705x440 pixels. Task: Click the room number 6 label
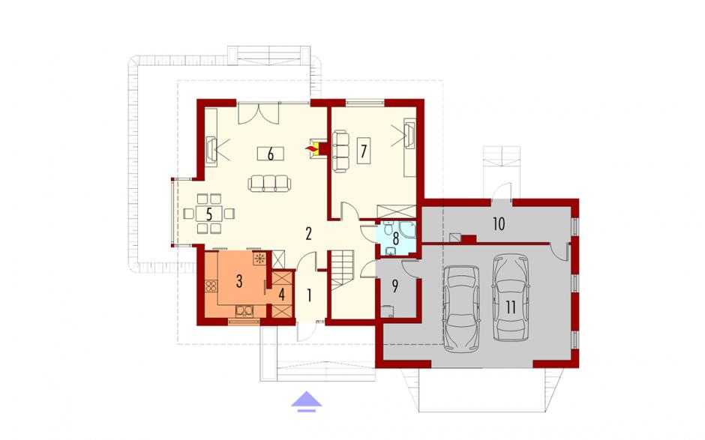pos(270,154)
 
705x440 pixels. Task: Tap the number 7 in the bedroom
pos(363,151)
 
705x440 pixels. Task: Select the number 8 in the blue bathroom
pos(396,237)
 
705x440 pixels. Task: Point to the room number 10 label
pos(499,223)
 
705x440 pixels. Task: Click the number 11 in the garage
pos(511,307)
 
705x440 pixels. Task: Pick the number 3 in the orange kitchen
pos(239,281)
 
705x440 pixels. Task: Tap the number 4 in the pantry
pos(282,295)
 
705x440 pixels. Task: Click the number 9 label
pos(395,286)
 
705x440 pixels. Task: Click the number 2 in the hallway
pos(308,234)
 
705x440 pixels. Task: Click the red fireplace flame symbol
pos(310,148)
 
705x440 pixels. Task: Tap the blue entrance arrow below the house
pos(307,401)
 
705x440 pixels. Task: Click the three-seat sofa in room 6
pos(269,184)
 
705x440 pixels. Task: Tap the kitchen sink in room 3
pos(244,310)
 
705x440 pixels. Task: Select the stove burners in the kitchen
pos(211,286)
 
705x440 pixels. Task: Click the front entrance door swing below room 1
pos(307,331)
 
